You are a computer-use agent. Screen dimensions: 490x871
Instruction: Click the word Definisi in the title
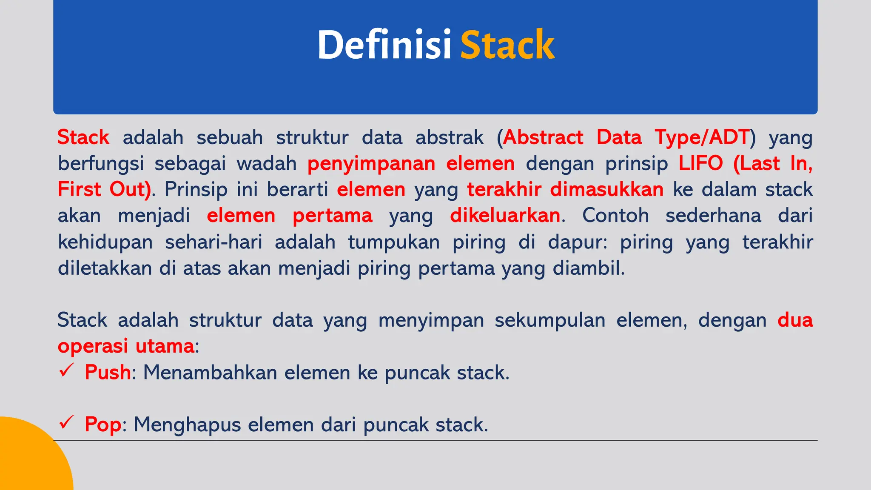384,45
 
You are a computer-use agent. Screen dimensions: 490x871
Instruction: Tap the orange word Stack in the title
507,45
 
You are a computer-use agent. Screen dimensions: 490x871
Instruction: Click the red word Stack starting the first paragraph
83,137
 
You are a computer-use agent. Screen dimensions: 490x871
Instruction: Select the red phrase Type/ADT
702,137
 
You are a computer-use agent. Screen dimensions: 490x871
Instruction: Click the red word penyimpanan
371,164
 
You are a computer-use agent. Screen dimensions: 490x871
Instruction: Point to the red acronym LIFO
700,163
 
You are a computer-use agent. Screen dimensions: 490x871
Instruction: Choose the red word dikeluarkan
505,216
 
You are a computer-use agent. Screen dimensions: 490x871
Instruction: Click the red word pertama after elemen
333,216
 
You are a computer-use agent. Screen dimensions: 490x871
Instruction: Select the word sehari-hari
213,242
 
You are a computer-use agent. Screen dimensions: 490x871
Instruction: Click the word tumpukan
394,242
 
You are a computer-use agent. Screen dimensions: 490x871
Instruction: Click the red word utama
165,346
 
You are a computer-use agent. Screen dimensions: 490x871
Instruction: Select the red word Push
108,373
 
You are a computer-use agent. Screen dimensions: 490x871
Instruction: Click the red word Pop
103,424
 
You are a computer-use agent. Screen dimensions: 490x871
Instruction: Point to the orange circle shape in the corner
30,459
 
